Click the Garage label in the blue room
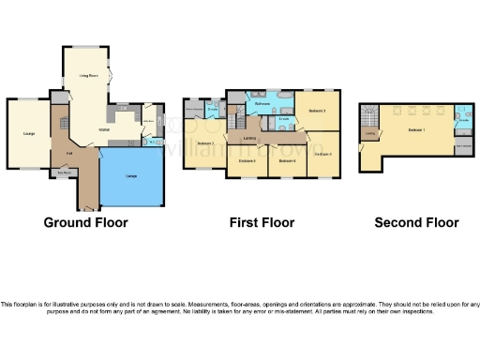(x=131, y=177)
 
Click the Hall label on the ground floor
(x=69, y=152)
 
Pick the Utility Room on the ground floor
(x=147, y=120)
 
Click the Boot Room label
(x=65, y=172)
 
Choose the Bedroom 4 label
(x=321, y=154)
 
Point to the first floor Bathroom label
(x=262, y=104)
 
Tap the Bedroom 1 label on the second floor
(x=417, y=128)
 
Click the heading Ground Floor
(x=85, y=223)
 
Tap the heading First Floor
(x=262, y=223)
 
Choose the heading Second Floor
(x=416, y=223)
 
